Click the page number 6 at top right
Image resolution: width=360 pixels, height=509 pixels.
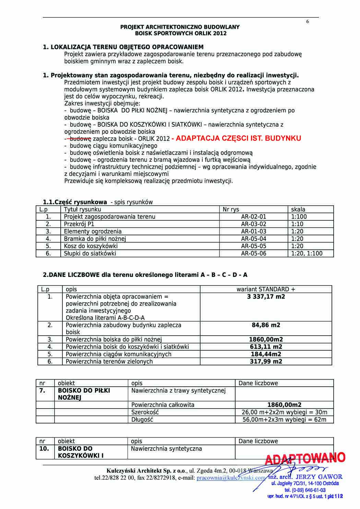pos(308,22)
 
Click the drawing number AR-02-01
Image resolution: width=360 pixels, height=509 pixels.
pos(253,217)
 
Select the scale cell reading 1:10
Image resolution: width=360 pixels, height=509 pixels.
pos(297,224)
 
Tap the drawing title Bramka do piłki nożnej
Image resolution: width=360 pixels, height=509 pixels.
pos(95,239)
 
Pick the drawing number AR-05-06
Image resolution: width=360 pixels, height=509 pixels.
pos(253,254)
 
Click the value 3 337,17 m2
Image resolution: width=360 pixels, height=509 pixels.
pos(266,296)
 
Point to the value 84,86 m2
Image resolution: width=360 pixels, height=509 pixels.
pos(266,325)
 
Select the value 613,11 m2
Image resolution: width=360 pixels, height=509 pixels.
pos(266,347)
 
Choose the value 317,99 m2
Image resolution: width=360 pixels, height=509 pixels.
pos(266,362)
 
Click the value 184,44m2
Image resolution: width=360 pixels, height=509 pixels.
pos(266,354)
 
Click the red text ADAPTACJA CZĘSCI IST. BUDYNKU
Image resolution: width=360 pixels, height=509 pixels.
pos(236,138)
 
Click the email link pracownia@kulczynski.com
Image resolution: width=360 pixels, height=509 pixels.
pos(231,477)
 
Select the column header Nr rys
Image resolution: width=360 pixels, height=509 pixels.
pos(231,209)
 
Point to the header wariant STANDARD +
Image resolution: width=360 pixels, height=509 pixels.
pos(266,289)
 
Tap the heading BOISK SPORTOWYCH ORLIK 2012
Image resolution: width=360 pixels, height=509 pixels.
pos(181,34)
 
